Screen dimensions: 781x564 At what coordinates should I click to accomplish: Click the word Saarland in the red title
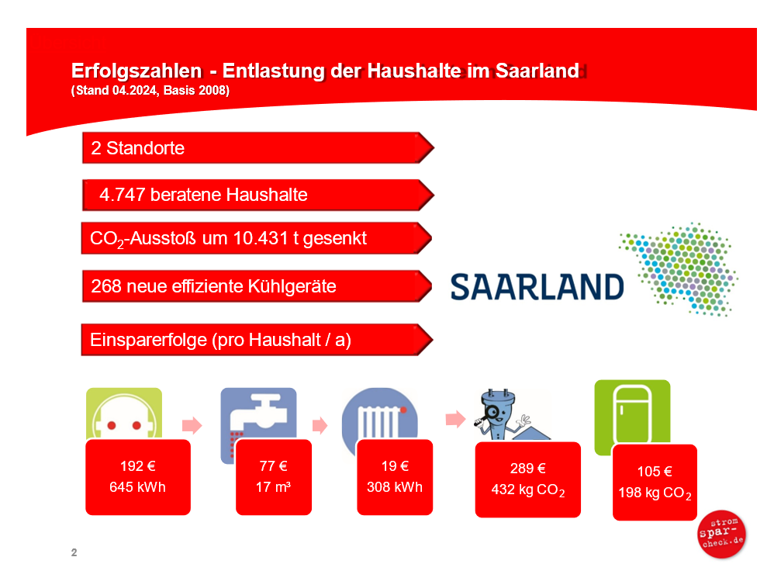[537, 71]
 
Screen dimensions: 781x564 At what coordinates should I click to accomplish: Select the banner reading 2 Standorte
[258, 148]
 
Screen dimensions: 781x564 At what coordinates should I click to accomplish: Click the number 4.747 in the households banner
[122, 194]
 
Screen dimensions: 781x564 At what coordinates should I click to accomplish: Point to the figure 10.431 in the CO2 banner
[260, 238]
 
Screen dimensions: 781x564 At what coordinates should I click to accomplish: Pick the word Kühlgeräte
[292, 286]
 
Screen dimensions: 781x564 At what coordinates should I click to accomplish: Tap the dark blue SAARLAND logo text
[537, 287]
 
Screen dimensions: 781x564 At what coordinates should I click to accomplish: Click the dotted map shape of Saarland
[679, 268]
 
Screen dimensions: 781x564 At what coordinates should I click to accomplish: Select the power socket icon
[124, 413]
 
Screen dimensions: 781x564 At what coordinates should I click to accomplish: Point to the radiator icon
[380, 413]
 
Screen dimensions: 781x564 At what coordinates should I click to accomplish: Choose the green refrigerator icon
[632, 413]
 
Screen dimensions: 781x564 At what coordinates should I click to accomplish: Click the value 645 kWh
[137, 487]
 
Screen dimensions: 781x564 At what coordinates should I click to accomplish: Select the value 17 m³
[274, 487]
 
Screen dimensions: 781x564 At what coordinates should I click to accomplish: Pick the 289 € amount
[528, 469]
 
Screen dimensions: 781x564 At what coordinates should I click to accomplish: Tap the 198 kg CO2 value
[655, 493]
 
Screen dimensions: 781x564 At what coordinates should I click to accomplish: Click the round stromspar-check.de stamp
[721, 534]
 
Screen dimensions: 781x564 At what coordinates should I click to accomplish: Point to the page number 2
[74, 552]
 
